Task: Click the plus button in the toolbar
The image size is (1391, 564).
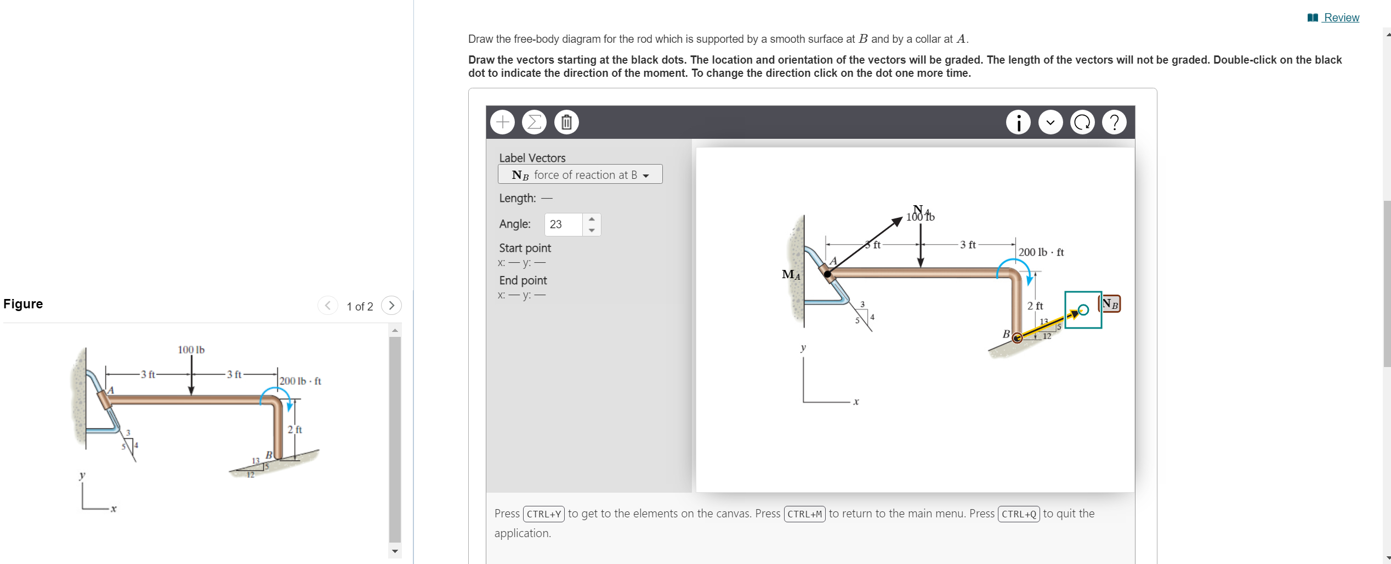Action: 502,122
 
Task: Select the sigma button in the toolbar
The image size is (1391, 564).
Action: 534,122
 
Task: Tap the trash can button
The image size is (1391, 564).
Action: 566,122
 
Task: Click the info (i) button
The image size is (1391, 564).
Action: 1018,122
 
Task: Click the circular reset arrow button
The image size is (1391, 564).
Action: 1082,122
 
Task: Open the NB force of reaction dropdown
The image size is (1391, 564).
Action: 580,174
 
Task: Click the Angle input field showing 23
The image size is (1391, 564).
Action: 563,224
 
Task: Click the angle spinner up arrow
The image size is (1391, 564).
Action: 592,219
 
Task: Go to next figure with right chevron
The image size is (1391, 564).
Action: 391,305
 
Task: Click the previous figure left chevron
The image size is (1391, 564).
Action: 327,305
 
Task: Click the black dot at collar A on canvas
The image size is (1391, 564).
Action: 827,274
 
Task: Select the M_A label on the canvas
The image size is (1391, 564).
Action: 791,274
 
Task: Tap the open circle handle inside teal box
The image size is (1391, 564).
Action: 1083,310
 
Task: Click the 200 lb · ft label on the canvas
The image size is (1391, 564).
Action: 1041,252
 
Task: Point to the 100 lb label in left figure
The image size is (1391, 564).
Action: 191,349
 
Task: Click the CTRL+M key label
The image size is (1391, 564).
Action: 804,514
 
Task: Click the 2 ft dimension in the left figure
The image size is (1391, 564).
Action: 295,430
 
